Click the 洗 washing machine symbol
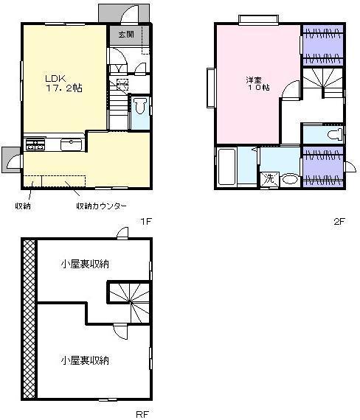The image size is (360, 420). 269,178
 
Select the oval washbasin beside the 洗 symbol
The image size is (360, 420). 289,179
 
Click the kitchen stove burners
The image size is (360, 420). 34,144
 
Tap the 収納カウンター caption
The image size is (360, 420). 102,206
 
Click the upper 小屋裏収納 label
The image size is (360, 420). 84,264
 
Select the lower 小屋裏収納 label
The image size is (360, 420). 84,360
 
